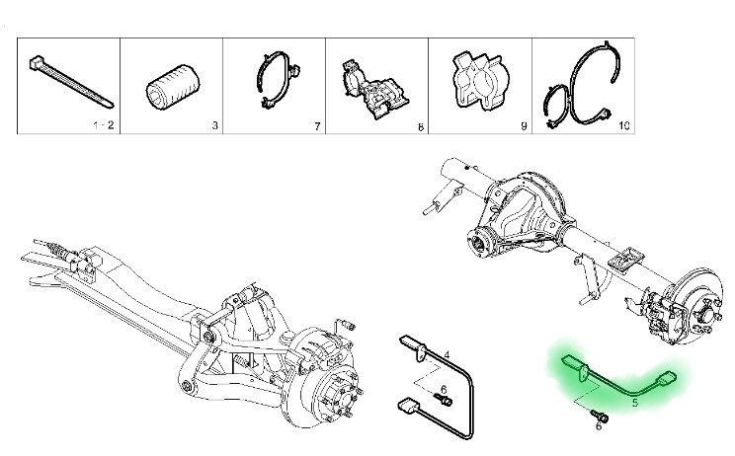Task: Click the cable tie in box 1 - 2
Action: click(x=70, y=83)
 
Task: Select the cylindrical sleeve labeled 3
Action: click(x=173, y=87)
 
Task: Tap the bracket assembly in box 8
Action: click(x=374, y=89)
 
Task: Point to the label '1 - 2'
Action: click(x=104, y=125)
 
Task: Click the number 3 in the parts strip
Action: click(x=214, y=125)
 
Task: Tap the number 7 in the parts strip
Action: click(x=317, y=126)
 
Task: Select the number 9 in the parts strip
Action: click(x=524, y=126)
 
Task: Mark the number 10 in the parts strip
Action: click(x=624, y=125)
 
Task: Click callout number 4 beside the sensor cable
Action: click(x=447, y=355)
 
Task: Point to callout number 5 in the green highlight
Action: click(x=635, y=402)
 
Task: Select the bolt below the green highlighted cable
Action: click(x=600, y=415)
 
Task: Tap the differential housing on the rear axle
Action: click(x=525, y=211)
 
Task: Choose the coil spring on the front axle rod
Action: click(x=57, y=250)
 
